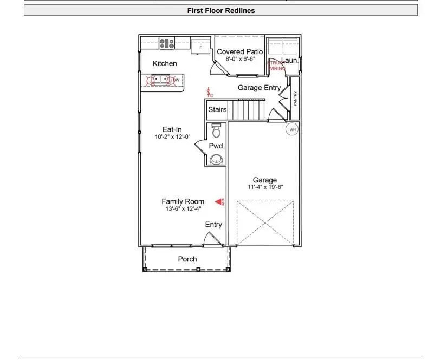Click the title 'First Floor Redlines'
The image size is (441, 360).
(220, 10)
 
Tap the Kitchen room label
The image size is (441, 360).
(165, 63)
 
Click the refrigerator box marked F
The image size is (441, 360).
(200, 47)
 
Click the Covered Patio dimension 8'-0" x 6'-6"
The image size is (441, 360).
(239, 59)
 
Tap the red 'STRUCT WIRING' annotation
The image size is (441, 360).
(276, 66)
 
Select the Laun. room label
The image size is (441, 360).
(290, 61)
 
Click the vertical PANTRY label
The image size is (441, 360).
(295, 99)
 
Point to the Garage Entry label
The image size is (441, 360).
(259, 88)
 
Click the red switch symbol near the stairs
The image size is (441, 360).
(209, 93)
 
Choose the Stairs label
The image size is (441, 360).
(217, 110)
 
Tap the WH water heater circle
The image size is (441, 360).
(293, 129)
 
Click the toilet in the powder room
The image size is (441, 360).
(216, 130)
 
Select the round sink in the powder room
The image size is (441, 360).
(217, 159)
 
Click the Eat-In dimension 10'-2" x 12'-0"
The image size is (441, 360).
(172, 137)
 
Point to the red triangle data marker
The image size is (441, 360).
(219, 202)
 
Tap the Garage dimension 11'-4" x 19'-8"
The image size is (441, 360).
(265, 187)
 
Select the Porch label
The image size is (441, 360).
(187, 259)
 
